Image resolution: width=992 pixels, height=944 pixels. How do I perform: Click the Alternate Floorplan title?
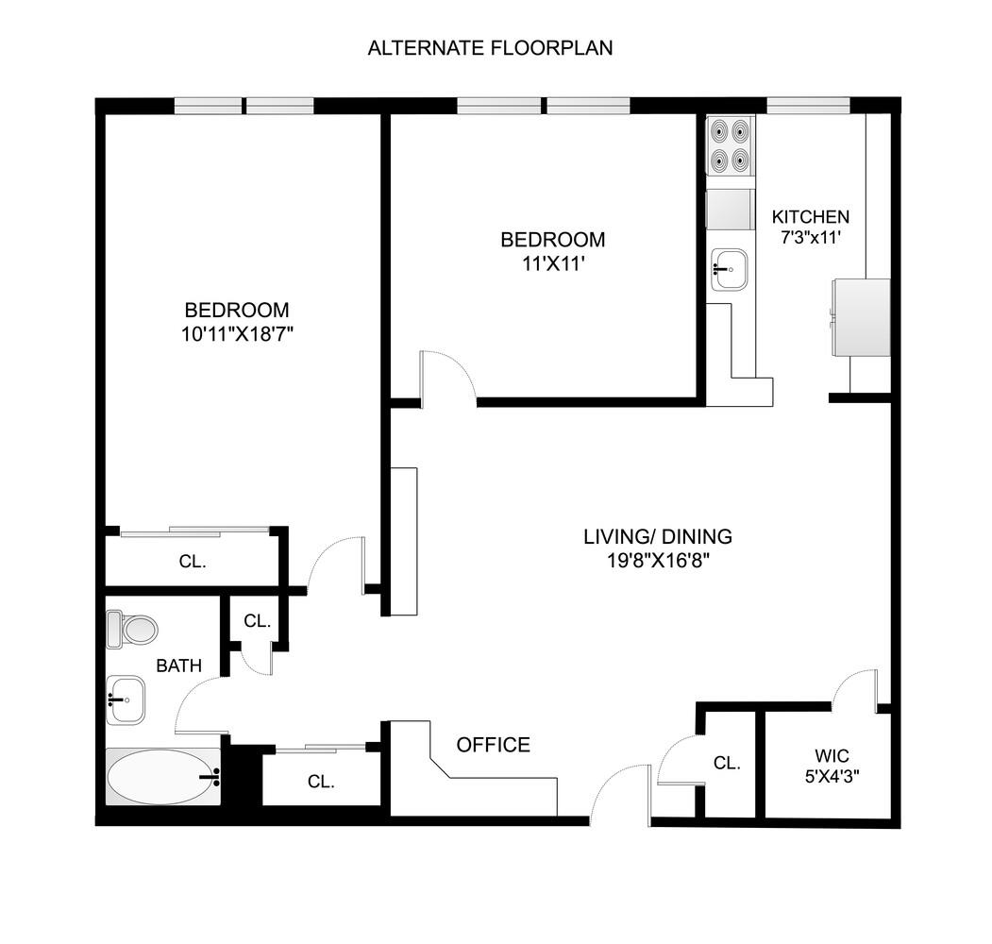point(490,48)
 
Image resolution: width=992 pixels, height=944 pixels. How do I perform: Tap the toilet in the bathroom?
point(130,629)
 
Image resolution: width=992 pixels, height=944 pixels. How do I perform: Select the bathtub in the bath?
point(162,777)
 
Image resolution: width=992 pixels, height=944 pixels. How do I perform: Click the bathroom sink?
point(125,700)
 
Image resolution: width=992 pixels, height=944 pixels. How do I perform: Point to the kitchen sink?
point(728,268)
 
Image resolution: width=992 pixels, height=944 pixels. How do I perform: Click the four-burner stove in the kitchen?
point(731,145)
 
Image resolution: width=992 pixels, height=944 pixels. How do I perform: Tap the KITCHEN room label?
point(810,217)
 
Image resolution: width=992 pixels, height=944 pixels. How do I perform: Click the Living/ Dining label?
point(657,537)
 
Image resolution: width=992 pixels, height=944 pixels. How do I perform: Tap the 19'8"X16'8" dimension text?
point(657,561)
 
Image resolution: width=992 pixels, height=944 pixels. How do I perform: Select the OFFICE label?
point(493,745)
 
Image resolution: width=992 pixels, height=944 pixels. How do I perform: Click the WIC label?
point(832,756)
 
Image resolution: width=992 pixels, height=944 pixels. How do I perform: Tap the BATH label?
point(178,666)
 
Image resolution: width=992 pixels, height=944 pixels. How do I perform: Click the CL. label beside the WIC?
point(726,763)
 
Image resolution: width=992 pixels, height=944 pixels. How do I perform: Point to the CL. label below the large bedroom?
point(193,561)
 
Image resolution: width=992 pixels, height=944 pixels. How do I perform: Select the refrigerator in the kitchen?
point(859,317)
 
